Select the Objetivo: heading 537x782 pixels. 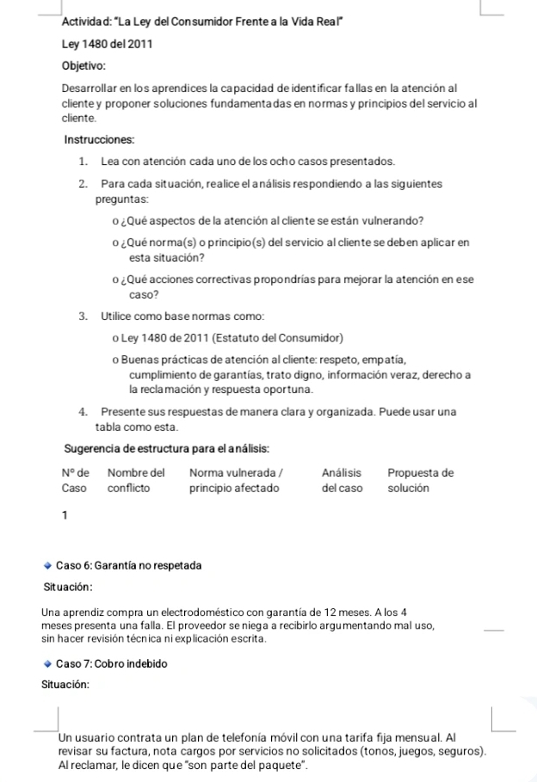point(83,65)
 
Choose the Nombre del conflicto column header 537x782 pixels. point(136,480)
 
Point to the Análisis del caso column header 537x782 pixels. point(342,480)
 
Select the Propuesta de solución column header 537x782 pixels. point(420,480)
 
